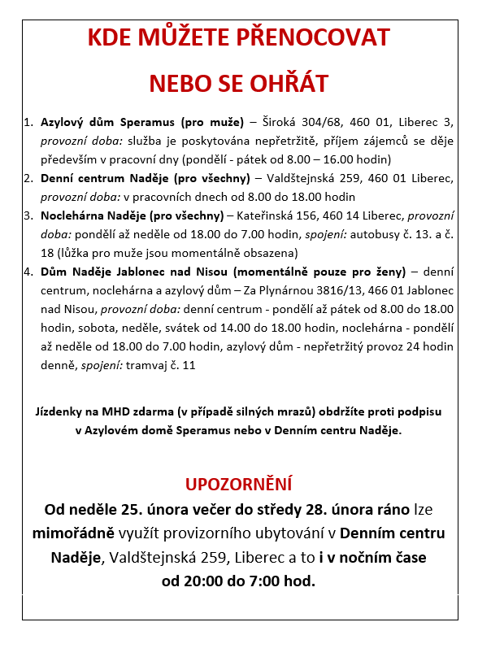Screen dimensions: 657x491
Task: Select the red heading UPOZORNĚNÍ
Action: [x=238, y=485]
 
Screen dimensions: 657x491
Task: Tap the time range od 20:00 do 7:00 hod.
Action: [x=238, y=581]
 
